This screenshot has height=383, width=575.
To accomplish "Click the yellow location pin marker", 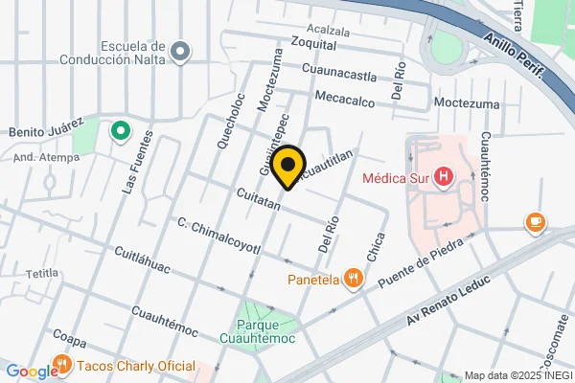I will (x=287, y=168).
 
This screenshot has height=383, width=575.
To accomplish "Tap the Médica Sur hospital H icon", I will (x=444, y=177).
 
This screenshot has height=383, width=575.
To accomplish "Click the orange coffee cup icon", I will (x=535, y=223).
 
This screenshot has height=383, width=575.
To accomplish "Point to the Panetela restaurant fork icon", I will (x=355, y=280).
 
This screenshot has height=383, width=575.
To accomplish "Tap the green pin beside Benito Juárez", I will (x=121, y=131).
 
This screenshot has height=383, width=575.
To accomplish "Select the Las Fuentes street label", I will (x=131, y=164).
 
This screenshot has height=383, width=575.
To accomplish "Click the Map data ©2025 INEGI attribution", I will (x=517, y=375).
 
